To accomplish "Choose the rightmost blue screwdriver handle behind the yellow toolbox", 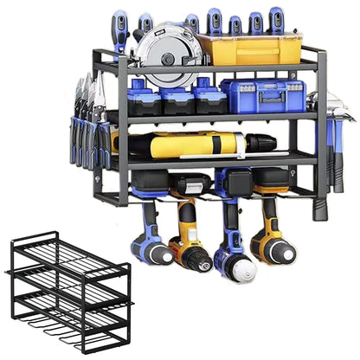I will point(276,22).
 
